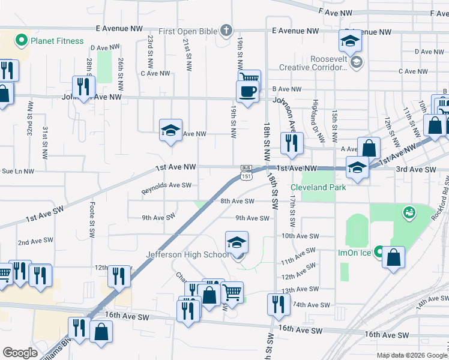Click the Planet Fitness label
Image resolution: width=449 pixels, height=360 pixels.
pos(57,41)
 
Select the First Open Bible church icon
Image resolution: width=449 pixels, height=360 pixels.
pos(226,30)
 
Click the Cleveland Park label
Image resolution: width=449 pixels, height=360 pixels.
pos(323,187)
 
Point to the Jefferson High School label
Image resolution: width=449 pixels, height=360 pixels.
pos(187,254)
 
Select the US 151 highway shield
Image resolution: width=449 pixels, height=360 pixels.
pos(246,175)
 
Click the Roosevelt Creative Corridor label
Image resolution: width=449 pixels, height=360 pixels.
pos(318,64)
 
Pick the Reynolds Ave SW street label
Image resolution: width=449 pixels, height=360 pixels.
pos(166,188)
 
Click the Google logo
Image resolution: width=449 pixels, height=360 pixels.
pos(20,353)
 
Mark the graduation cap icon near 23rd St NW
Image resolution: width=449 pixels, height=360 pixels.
pos(170,130)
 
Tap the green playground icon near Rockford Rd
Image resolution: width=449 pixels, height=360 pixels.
pos(410,212)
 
